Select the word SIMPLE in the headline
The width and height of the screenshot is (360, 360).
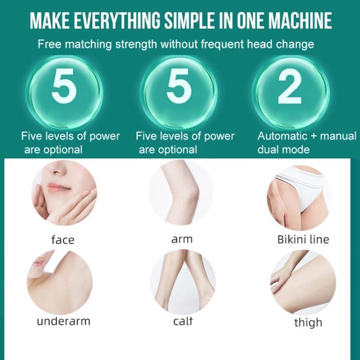pos(189,21)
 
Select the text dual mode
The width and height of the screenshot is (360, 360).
pos(283,149)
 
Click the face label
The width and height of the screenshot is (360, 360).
pos(63,240)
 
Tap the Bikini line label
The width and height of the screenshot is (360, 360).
pos(303,239)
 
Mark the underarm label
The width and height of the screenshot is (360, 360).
pos(63,321)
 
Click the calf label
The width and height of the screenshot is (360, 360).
pos(182,321)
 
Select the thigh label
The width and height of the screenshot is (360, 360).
pos(307,323)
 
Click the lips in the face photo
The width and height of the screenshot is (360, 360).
pos(59,187)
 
